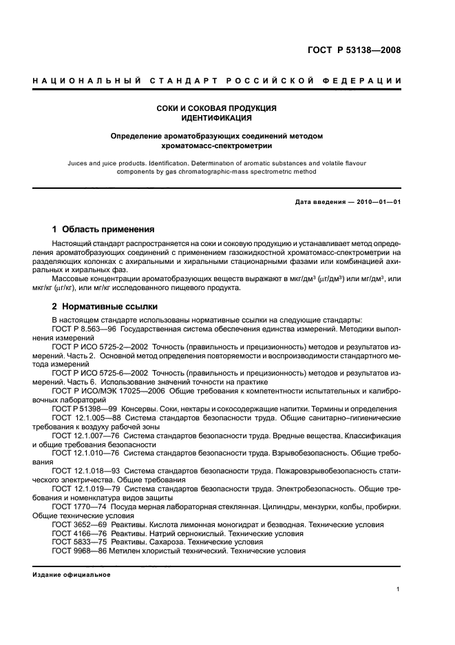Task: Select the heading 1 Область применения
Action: tap(103, 229)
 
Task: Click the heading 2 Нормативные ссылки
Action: tap(105, 306)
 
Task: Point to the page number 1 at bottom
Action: tap(399, 589)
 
